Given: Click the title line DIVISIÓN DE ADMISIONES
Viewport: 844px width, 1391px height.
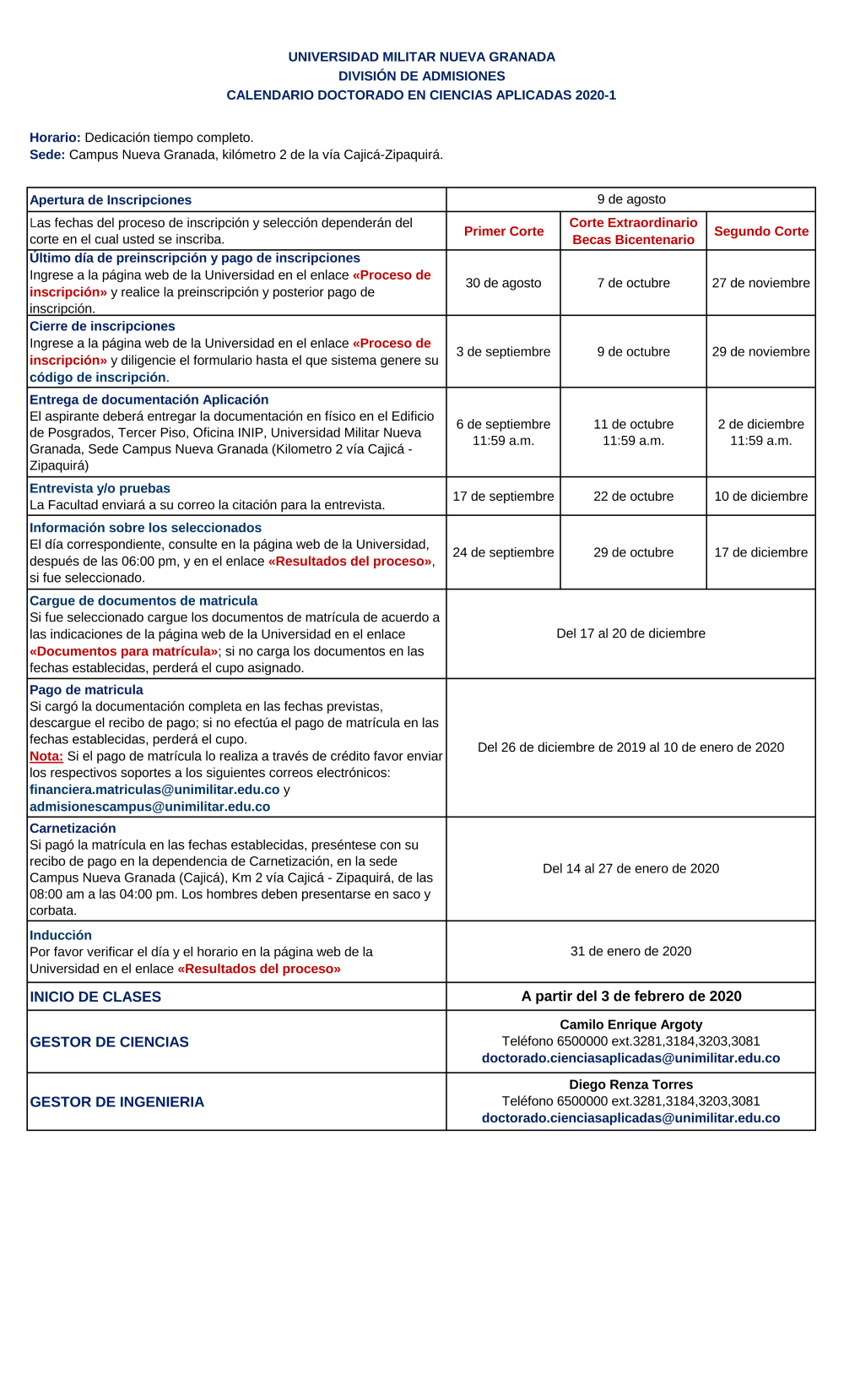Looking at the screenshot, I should coord(421,76).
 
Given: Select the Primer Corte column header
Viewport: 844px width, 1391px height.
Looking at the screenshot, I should coord(504,231).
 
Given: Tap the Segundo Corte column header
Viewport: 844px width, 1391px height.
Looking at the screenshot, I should coord(760,231).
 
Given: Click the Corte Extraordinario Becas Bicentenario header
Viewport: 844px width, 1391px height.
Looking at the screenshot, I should coord(633,231).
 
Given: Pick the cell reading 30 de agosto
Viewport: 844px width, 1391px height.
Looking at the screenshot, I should coord(504,283).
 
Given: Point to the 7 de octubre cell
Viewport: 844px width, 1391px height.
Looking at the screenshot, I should coord(633,283).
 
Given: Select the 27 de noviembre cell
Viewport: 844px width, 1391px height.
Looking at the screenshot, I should coord(760,283).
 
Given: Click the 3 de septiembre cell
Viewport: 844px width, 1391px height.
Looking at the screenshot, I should coord(504,351).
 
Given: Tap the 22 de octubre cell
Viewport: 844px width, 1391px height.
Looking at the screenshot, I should coord(633,497).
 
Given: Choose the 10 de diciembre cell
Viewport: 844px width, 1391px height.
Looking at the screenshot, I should coord(760,497).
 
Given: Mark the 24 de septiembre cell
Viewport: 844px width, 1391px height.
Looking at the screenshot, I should coord(504,552).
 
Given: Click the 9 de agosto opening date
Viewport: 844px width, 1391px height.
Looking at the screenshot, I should coord(631,199).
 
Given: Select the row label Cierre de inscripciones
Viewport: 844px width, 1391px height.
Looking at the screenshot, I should coord(102,326).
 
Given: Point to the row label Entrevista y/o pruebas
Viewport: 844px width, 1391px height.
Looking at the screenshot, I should coord(100,488).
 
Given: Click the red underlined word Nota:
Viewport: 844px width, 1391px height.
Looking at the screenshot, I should coord(46,756).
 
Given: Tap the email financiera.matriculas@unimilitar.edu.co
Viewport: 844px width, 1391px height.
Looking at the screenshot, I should coord(154,790).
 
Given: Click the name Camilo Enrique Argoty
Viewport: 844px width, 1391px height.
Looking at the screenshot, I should coord(631,1024).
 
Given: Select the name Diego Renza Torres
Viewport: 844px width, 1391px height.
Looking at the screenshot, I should coord(631,1084).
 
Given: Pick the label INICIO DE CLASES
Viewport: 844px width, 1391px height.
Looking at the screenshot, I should coord(95,997).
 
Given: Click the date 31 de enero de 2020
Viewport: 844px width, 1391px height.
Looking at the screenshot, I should coord(631,951).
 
